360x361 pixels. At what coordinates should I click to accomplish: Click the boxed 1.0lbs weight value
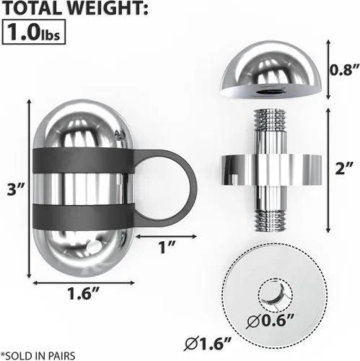(34, 32)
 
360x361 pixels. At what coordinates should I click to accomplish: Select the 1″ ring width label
(166, 247)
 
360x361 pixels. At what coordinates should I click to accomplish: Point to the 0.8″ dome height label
(344, 70)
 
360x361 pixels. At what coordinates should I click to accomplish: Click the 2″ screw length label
(344, 168)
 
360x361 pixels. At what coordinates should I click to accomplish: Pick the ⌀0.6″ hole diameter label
(270, 321)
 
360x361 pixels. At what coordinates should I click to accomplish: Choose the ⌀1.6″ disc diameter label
(208, 344)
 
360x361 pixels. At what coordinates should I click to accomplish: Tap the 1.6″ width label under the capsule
(83, 294)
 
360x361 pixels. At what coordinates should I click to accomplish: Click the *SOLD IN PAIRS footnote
(38, 356)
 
